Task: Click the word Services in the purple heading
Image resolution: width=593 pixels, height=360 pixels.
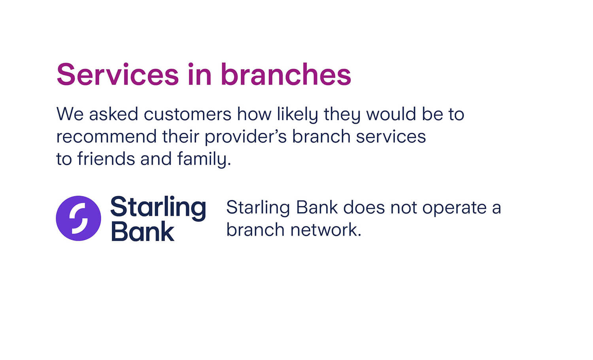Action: [x=117, y=74]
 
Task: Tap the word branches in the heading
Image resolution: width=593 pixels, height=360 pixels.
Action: [x=285, y=74]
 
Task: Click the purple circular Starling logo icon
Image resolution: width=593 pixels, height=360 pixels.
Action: [x=78, y=218]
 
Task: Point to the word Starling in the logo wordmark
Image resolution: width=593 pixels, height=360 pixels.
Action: [x=158, y=207]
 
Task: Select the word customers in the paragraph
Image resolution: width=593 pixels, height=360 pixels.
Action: [x=187, y=115]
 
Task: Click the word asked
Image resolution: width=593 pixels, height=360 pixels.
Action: [x=113, y=115]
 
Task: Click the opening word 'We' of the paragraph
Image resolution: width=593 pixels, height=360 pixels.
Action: [x=70, y=115]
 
